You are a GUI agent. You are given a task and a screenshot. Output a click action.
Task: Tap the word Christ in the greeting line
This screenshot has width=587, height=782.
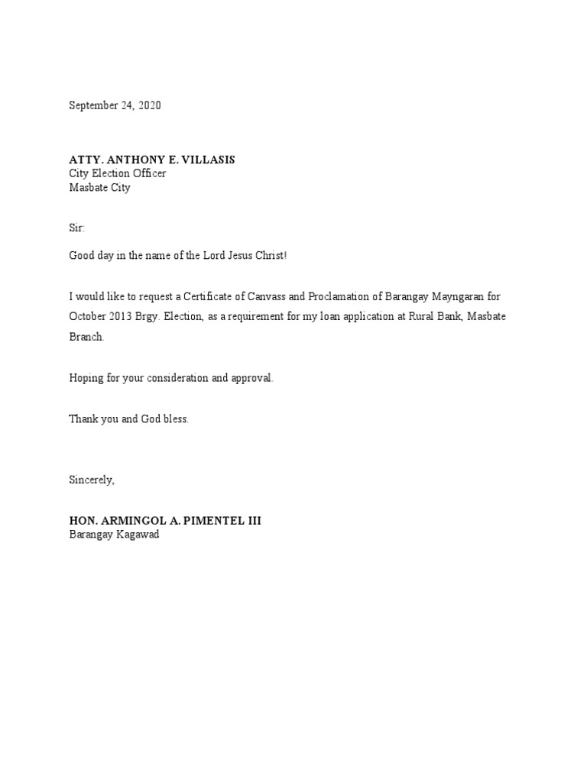click(271, 255)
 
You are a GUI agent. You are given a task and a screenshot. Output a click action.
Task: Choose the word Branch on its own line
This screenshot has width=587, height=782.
click(86, 338)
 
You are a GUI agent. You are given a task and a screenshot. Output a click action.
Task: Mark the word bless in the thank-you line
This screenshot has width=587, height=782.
click(175, 420)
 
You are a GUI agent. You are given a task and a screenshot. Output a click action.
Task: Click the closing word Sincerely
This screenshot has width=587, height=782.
click(91, 480)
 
